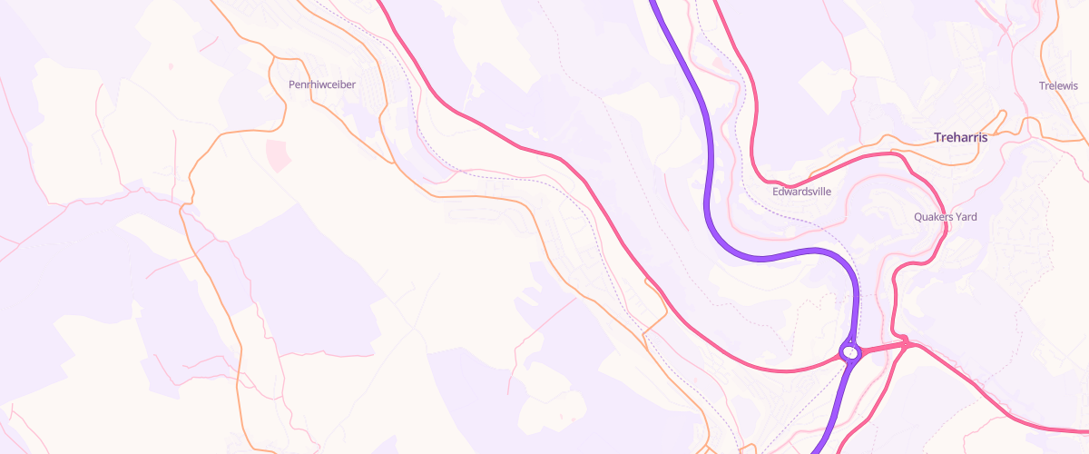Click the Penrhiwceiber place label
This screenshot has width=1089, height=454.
tap(322, 84)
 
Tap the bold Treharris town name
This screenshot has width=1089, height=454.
tap(960, 137)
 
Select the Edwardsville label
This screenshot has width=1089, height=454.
tap(801, 192)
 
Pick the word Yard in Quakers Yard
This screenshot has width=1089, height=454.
tap(967, 217)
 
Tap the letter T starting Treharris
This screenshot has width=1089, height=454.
tap(937, 137)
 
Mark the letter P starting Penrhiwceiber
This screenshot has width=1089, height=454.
tap(291, 84)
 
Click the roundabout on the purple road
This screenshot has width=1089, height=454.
tap(849, 350)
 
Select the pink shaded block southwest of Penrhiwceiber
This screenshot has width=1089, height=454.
tap(277, 154)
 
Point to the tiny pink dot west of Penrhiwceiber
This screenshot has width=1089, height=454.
tap(170, 66)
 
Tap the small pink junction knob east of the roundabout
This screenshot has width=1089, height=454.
tap(905, 341)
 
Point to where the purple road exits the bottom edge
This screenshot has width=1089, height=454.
tap(814, 451)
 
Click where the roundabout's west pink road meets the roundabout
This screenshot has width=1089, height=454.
tap(841, 356)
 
